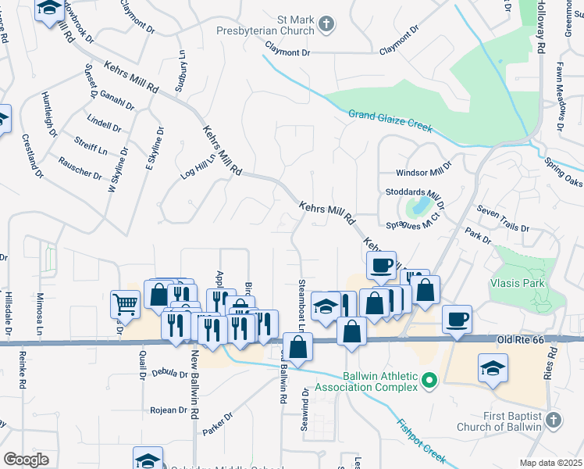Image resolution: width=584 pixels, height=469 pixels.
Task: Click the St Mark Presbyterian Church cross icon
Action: pos(327,26)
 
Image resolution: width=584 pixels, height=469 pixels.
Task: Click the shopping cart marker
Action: pos(125,304)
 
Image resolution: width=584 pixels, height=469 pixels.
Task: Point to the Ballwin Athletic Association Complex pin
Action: pos(428,381)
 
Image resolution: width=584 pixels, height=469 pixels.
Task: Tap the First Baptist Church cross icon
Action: pos(553,421)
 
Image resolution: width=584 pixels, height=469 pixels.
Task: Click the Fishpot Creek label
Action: pos(422,441)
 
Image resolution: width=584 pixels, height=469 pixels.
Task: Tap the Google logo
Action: pos(26,459)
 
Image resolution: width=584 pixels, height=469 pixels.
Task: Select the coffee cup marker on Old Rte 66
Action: pos(457,320)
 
